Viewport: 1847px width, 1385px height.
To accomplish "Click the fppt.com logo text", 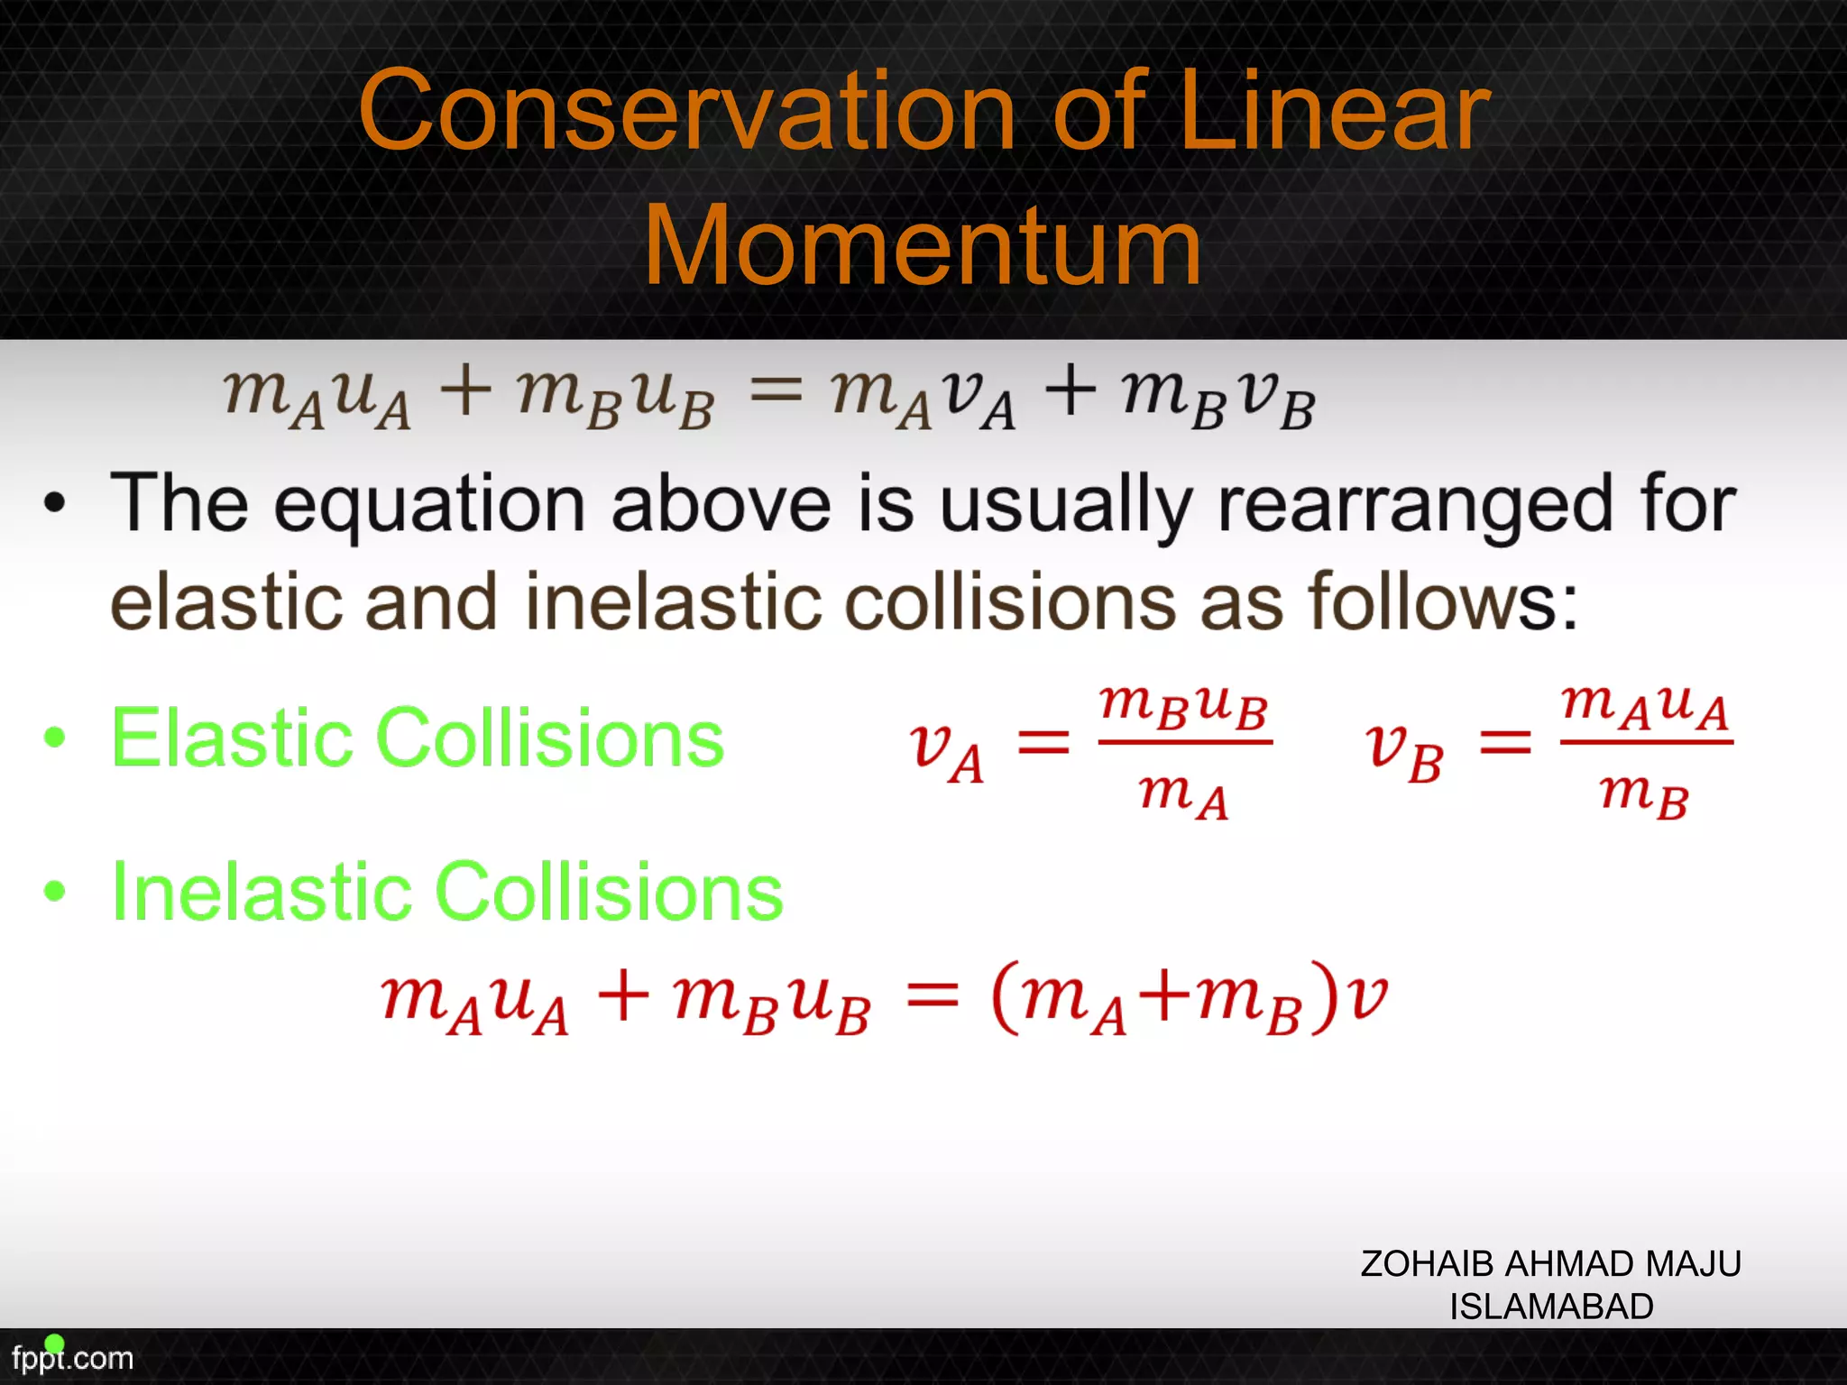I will [72, 1358].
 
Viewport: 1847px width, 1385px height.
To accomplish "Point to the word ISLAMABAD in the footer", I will [1551, 1307].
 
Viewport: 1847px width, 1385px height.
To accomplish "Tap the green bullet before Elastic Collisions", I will [55, 737].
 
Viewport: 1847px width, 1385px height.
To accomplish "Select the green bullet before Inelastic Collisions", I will [55, 891].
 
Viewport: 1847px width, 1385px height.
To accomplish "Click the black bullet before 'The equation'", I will [55, 503].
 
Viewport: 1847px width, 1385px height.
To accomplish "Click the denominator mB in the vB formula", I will [1643, 795].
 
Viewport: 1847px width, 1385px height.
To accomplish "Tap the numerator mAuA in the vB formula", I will [1645, 705].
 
